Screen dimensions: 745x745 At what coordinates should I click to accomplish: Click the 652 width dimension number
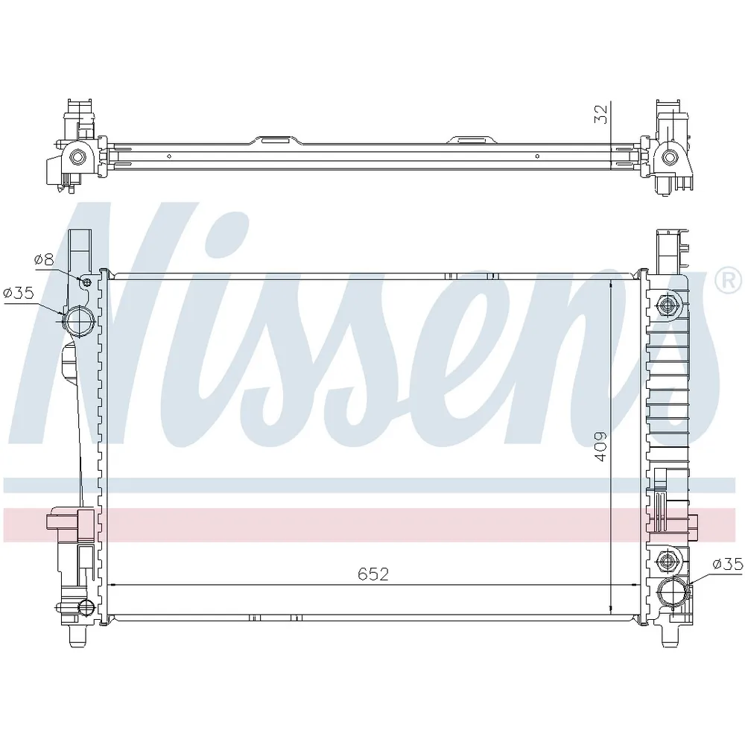click(373, 574)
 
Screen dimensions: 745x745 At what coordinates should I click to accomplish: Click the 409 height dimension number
click(600, 446)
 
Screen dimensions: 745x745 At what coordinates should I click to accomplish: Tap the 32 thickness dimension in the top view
click(601, 114)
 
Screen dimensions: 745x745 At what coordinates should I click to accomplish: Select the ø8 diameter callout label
click(44, 259)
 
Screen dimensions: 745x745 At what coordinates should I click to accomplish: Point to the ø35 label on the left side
click(19, 293)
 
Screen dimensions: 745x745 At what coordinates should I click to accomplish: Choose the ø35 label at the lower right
click(727, 564)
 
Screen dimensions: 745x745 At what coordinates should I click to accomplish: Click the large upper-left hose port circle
click(80, 322)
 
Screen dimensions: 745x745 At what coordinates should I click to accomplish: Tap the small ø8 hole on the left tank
click(86, 283)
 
